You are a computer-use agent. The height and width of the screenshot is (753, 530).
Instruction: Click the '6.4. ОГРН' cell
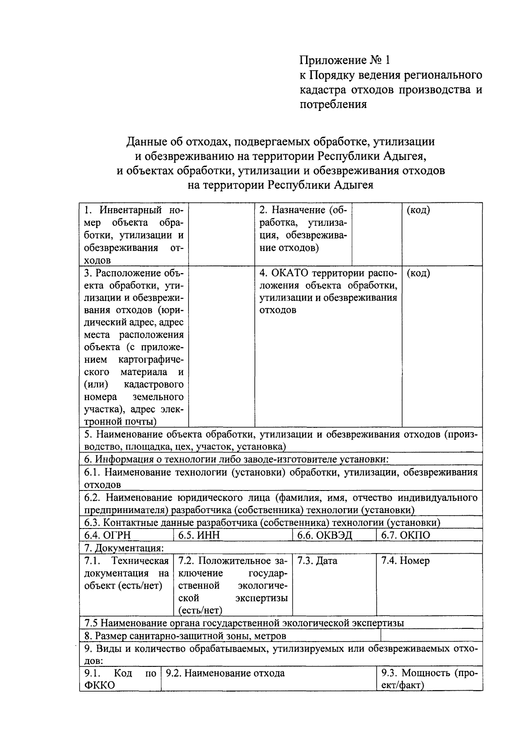pyautogui.click(x=126, y=535)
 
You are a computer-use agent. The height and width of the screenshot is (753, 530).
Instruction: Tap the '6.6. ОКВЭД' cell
pyautogui.click(x=334, y=535)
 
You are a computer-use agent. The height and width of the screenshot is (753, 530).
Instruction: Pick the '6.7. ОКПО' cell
pyautogui.click(x=429, y=535)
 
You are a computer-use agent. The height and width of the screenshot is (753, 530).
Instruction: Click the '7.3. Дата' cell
pyautogui.click(x=334, y=584)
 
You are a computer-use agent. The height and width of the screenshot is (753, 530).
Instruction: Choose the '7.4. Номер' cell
pyautogui.click(x=429, y=584)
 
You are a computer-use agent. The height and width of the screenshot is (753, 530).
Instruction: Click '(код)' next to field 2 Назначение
pyautogui.click(x=418, y=210)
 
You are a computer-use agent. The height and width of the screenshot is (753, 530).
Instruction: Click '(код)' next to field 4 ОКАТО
pyautogui.click(x=418, y=273)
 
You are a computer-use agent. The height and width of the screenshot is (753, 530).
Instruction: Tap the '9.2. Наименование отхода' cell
pyautogui.click(x=269, y=679)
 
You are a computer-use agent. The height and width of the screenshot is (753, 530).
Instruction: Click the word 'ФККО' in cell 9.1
pyautogui.click(x=100, y=685)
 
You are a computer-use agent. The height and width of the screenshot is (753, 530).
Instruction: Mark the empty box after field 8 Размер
pyautogui.click(x=431, y=635)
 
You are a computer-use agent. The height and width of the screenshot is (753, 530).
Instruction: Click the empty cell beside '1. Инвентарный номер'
pyautogui.click(x=221, y=234)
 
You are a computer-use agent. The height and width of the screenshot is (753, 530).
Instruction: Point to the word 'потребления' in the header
pyautogui.click(x=333, y=105)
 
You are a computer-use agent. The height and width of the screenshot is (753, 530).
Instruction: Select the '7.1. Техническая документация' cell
pyautogui.click(x=127, y=573)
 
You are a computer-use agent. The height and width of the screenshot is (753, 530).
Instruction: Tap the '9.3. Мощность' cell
pyautogui.click(x=429, y=679)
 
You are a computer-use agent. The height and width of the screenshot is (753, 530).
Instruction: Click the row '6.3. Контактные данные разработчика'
pyautogui.click(x=262, y=523)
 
